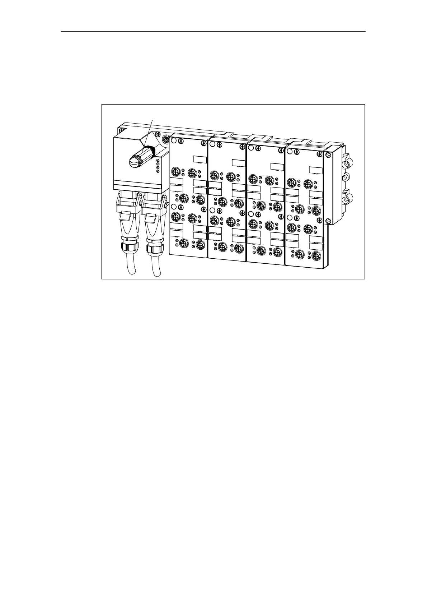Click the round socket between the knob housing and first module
pos(166,139)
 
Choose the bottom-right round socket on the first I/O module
pos(200,244)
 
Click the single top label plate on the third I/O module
pos(277,166)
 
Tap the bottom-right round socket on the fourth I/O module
pos(316,256)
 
